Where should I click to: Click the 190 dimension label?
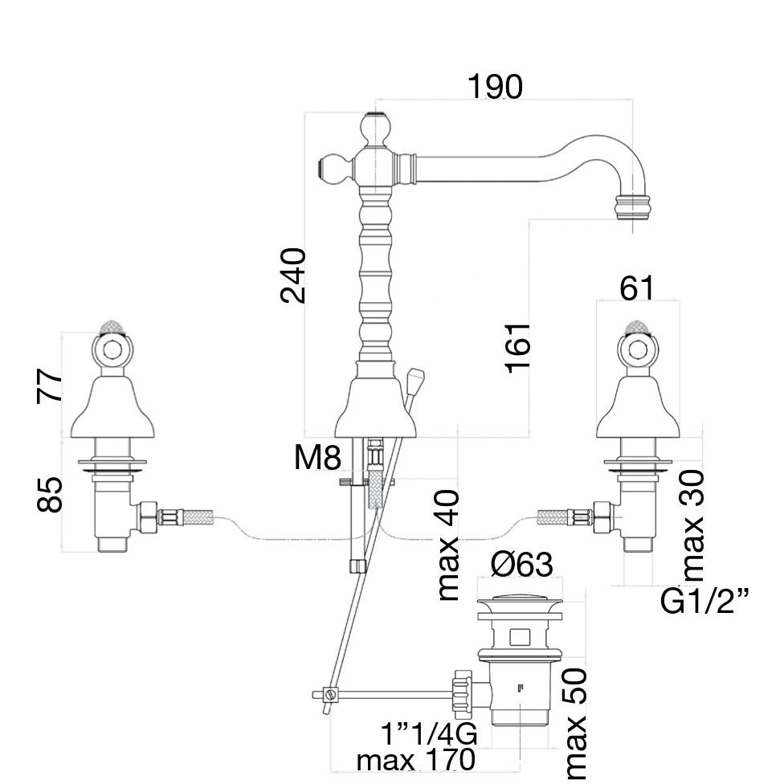[x=495, y=87]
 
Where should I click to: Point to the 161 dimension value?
[x=518, y=347]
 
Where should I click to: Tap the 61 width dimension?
[x=637, y=288]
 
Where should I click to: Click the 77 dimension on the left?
[x=50, y=386]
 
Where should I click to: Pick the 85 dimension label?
[x=50, y=495]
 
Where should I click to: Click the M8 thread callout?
[x=317, y=459]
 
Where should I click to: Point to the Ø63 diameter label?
[x=521, y=565]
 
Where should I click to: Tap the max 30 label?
[x=692, y=525]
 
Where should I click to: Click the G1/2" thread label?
[x=704, y=601]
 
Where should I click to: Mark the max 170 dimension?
[x=415, y=760]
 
